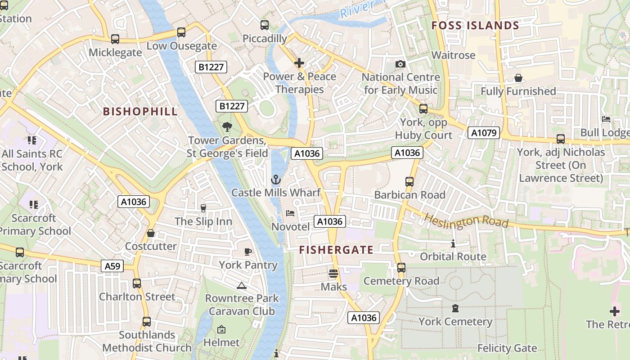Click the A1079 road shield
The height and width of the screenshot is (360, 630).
[484, 133]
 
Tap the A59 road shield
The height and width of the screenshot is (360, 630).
[112, 266]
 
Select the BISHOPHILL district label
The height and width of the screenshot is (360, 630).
[140, 112]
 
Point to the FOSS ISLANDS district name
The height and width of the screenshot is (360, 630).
[475, 26]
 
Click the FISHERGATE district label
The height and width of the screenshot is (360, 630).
[336, 250]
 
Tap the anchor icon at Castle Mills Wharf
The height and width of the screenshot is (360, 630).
[275, 180]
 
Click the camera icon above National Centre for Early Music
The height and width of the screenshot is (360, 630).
[400, 64]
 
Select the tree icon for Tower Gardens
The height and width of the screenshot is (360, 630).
[227, 127]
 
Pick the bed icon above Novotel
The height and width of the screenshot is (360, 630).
[290, 213]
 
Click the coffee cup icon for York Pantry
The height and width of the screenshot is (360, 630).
[247, 252]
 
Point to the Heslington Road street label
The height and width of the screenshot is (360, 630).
[466, 221]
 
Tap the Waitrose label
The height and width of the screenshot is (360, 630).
[453, 55]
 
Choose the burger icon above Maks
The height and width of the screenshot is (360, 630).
[333, 274]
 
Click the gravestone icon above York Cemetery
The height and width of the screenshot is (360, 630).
[455, 309]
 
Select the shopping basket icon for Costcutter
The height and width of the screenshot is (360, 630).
[151, 233]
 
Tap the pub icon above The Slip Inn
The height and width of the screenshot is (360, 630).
[203, 208]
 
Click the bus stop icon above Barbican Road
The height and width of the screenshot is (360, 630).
[409, 182]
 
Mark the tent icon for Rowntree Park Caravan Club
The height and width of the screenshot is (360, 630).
[242, 285]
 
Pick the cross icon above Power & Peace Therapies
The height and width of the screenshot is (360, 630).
[299, 63]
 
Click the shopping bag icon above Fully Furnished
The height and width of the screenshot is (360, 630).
[518, 78]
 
